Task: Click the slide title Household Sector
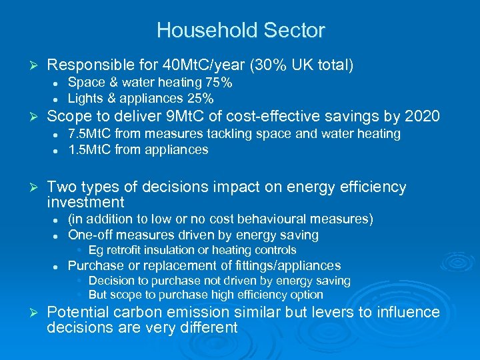click(x=240, y=31)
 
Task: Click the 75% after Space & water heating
click(x=219, y=83)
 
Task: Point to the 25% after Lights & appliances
click(x=200, y=99)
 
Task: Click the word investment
click(x=86, y=203)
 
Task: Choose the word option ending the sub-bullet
click(x=307, y=295)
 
